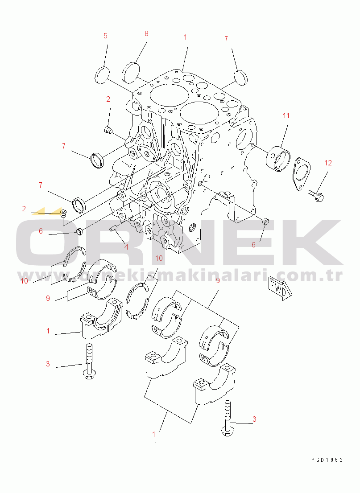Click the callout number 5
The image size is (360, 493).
[x=105, y=36]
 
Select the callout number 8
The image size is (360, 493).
[x=146, y=33]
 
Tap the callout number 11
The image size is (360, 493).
[x=286, y=116]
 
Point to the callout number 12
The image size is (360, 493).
[x=328, y=163]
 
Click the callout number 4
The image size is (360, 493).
[x=126, y=247]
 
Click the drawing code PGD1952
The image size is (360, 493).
[x=327, y=460]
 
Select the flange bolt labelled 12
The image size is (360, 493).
[x=315, y=195]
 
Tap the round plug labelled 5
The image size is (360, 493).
[x=102, y=75]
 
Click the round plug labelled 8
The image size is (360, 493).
[x=131, y=73]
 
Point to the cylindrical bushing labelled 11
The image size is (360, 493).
[x=278, y=157]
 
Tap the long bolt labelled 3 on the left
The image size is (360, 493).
[x=89, y=361]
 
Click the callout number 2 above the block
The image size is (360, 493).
[x=108, y=99]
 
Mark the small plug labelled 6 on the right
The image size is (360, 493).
[x=265, y=221]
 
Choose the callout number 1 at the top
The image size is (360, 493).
[x=185, y=37]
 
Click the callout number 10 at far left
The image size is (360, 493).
[x=24, y=281]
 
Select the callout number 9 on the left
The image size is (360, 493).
[x=48, y=298]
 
